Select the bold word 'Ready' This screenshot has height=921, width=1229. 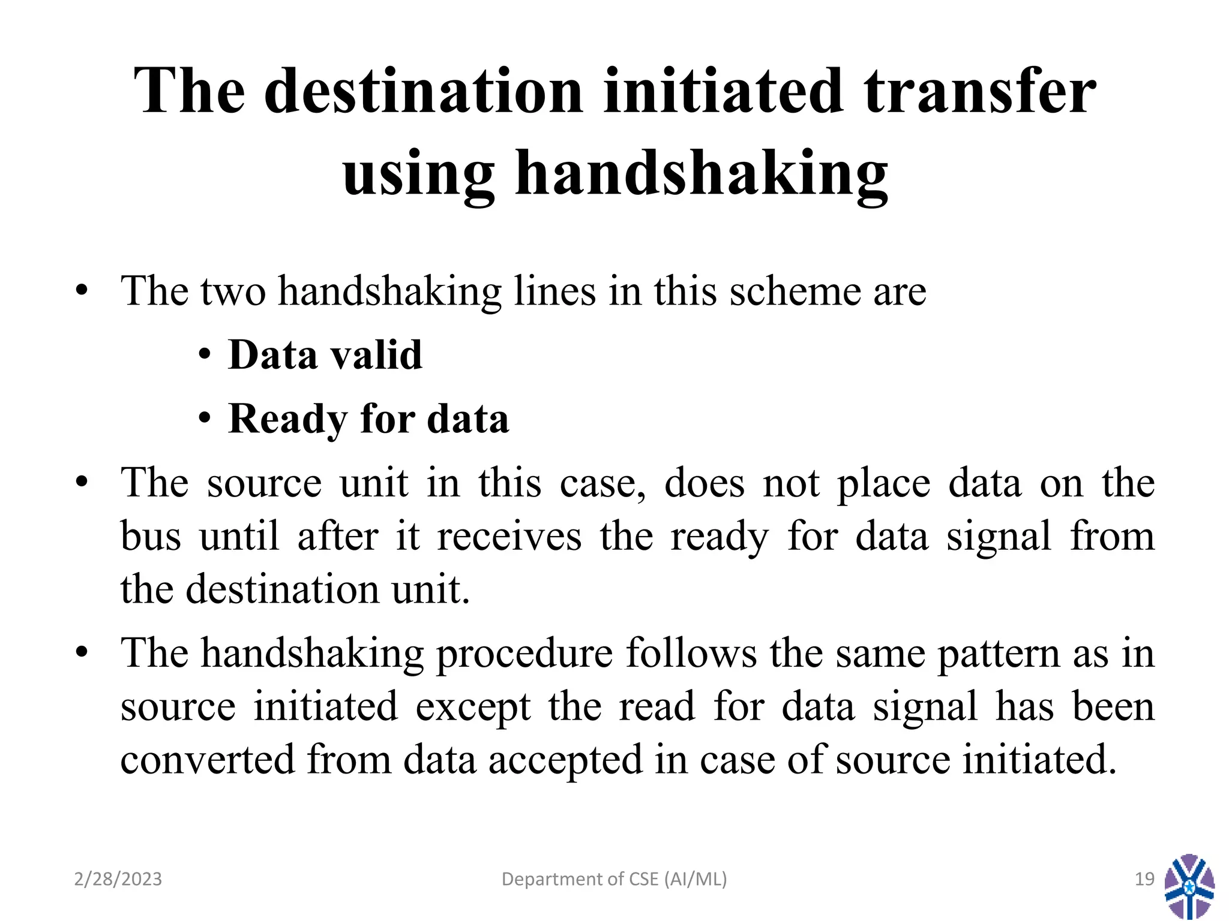pos(287,419)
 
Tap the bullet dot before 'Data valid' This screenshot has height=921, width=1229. pos(205,355)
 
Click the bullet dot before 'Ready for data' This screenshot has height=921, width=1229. pos(205,419)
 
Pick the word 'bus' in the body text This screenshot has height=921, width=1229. pos(151,536)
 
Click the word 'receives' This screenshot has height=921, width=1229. pos(509,536)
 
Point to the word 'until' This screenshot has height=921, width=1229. pos(239,536)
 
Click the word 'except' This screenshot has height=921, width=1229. pos(473,706)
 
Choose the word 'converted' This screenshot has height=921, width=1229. pos(208,759)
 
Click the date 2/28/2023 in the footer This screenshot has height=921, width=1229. pos(118,879)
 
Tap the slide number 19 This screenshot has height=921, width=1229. pos(1145,879)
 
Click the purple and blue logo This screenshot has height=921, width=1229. pos(1189,886)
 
